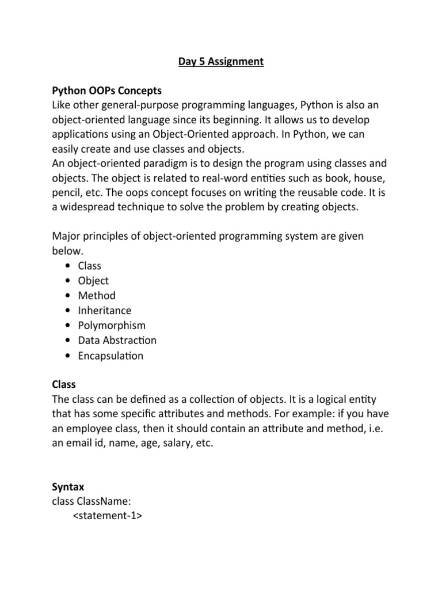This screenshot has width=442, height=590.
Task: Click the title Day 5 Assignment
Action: point(220,62)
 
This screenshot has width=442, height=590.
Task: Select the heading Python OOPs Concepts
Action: point(107,91)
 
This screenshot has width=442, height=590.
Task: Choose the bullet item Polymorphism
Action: point(112,326)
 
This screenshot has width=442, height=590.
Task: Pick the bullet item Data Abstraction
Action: point(117,341)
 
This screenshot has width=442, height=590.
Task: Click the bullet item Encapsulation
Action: point(110,355)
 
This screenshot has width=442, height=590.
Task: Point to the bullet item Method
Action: point(97,296)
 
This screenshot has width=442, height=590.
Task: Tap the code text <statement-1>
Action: point(108,517)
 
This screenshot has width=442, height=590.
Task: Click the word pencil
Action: point(67,192)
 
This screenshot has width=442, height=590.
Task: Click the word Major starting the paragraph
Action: point(67,236)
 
